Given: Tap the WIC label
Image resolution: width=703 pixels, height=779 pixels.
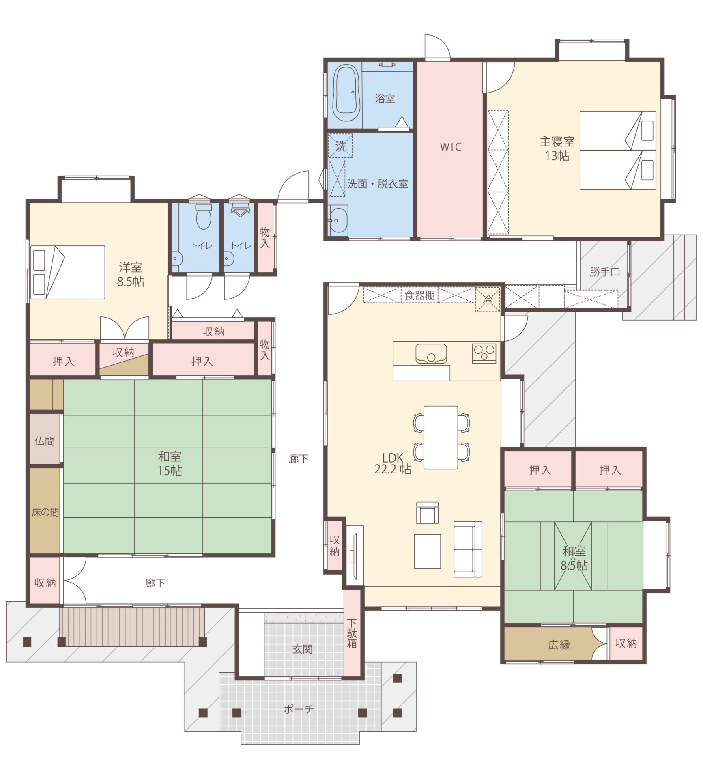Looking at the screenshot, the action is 451,147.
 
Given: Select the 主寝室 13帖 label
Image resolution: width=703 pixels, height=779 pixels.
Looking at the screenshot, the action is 557,148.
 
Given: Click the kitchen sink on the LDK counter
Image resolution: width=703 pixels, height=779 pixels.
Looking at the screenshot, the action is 431,353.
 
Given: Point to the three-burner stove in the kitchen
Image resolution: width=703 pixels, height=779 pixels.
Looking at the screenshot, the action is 484,353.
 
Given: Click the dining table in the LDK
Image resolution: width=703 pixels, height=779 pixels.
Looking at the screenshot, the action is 441,437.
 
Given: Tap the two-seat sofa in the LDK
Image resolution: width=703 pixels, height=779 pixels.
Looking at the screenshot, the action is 468,549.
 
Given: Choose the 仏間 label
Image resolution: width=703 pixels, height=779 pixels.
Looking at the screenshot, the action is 45,441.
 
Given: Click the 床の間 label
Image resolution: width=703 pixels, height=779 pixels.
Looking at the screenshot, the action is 45,512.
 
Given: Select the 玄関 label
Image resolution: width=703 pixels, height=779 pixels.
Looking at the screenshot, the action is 302,649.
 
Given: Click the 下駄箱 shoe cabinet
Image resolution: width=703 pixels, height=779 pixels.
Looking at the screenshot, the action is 352,633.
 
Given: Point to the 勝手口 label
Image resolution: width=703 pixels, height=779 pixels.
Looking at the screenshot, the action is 605,272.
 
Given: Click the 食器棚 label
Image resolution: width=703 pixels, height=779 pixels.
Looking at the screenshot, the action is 419,295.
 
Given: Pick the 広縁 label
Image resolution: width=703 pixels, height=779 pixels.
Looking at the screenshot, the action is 559,644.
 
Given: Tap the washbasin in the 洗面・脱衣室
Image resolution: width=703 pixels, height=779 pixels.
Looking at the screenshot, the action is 338,220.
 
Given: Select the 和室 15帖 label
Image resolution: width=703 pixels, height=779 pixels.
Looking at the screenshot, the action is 170,463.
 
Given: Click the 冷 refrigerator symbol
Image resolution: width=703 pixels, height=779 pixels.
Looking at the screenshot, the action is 488,299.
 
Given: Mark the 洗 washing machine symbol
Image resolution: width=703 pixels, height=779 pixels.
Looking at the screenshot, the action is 340,146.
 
